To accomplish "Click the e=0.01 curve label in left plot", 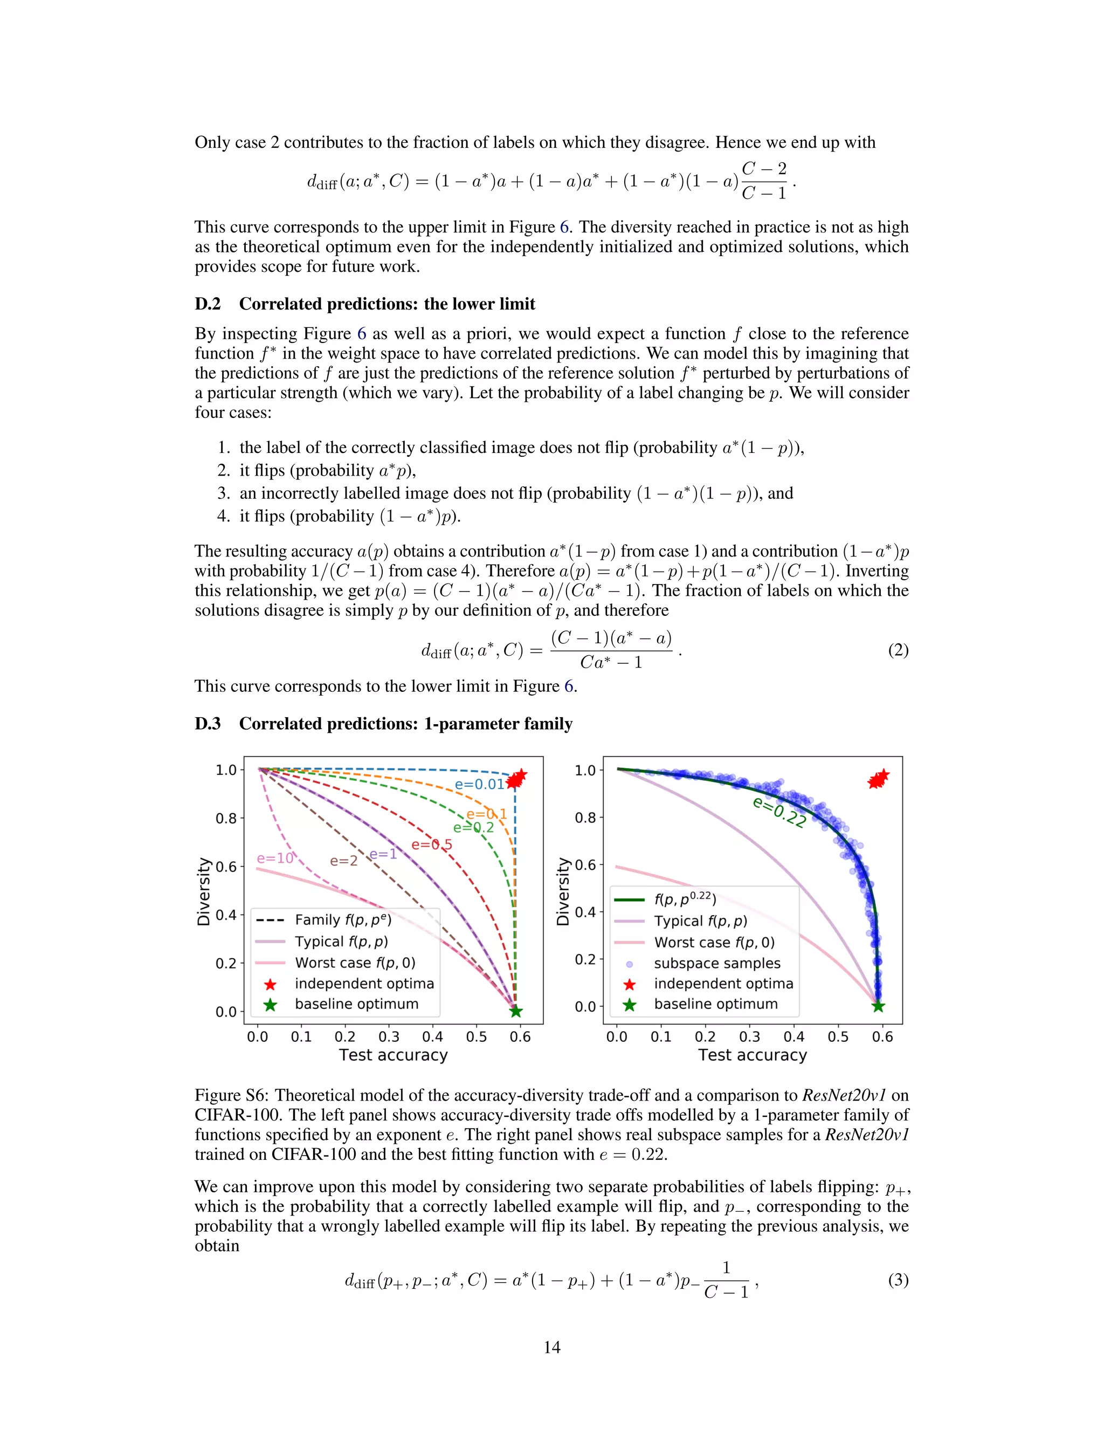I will click(479, 785).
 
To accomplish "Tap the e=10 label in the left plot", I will click(275, 858).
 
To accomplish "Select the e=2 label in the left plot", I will click(343, 861).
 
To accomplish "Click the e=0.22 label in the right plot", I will click(779, 812).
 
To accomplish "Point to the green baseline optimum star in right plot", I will click(878, 1006).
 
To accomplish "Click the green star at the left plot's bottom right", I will click(515, 1012).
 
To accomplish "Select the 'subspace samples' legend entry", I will click(717, 963).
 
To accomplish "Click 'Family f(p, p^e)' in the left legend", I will click(343, 920).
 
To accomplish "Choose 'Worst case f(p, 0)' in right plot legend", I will click(714, 942).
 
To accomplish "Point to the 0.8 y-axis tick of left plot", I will click(226, 818).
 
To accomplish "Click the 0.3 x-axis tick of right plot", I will click(749, 1037).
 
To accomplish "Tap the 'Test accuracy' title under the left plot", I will click(393, 1055).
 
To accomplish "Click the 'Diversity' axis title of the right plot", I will click(562, 891).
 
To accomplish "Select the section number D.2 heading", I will click(208, 304).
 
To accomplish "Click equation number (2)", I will click(898, 650).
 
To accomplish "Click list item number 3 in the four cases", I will click(224, 493).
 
